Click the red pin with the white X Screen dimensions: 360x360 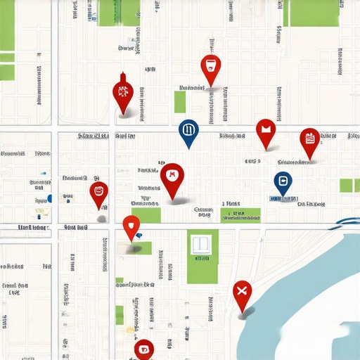pos(242,291)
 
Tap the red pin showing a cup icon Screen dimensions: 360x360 pos(210,68)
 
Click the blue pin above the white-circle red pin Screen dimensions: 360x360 pos(188,131)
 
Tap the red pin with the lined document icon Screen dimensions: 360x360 pos(309,141)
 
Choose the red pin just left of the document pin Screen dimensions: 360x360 pos(265,131)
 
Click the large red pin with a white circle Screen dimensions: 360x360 pos(172,176)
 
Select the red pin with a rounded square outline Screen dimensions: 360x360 pos(99,192)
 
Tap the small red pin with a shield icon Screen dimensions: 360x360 pos(131,226)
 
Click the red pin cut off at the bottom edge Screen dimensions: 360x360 pos(143,348)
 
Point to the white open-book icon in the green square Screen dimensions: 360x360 pos(202,245)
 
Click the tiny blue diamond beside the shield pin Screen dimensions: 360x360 pos(139,236)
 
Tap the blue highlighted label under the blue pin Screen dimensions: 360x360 pos(281,199)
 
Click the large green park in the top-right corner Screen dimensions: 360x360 pos(311,13)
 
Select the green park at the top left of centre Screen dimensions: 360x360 pos(117,13)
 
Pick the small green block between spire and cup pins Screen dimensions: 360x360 pos(180,102)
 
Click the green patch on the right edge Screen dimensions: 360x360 pos(346,185)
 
